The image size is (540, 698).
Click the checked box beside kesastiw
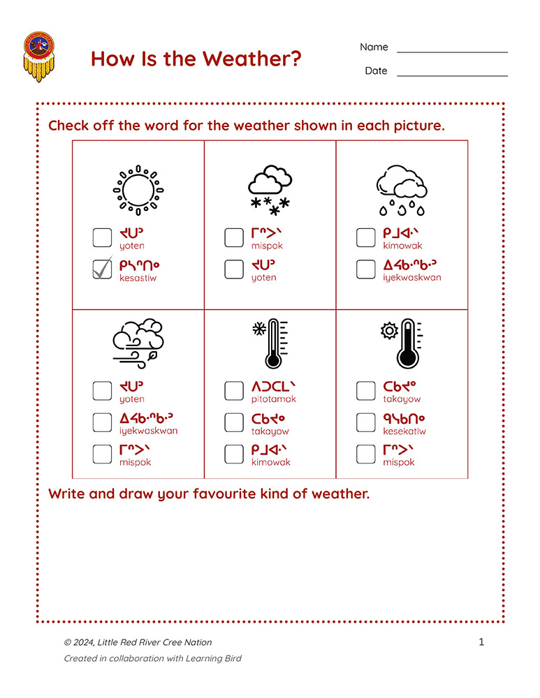pos(103,269)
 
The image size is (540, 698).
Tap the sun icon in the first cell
pos(138,189)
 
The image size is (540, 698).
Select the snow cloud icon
pos(270,189)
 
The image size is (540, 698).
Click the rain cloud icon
pos(402,189)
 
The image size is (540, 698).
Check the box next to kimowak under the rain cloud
pos(366,237)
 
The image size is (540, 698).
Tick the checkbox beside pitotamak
pos(234,391)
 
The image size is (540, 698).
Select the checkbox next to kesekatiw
pos(366,422)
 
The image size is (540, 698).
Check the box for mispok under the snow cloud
pos(234,237)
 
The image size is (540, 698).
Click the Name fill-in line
pos(452,51)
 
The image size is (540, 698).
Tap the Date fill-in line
pos(452,75)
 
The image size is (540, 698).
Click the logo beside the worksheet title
pos(39,56)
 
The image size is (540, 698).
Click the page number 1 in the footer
pos(481,642)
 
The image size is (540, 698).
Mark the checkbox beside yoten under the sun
pos(103,237)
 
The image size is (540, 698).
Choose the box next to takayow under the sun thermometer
pos(366,391)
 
